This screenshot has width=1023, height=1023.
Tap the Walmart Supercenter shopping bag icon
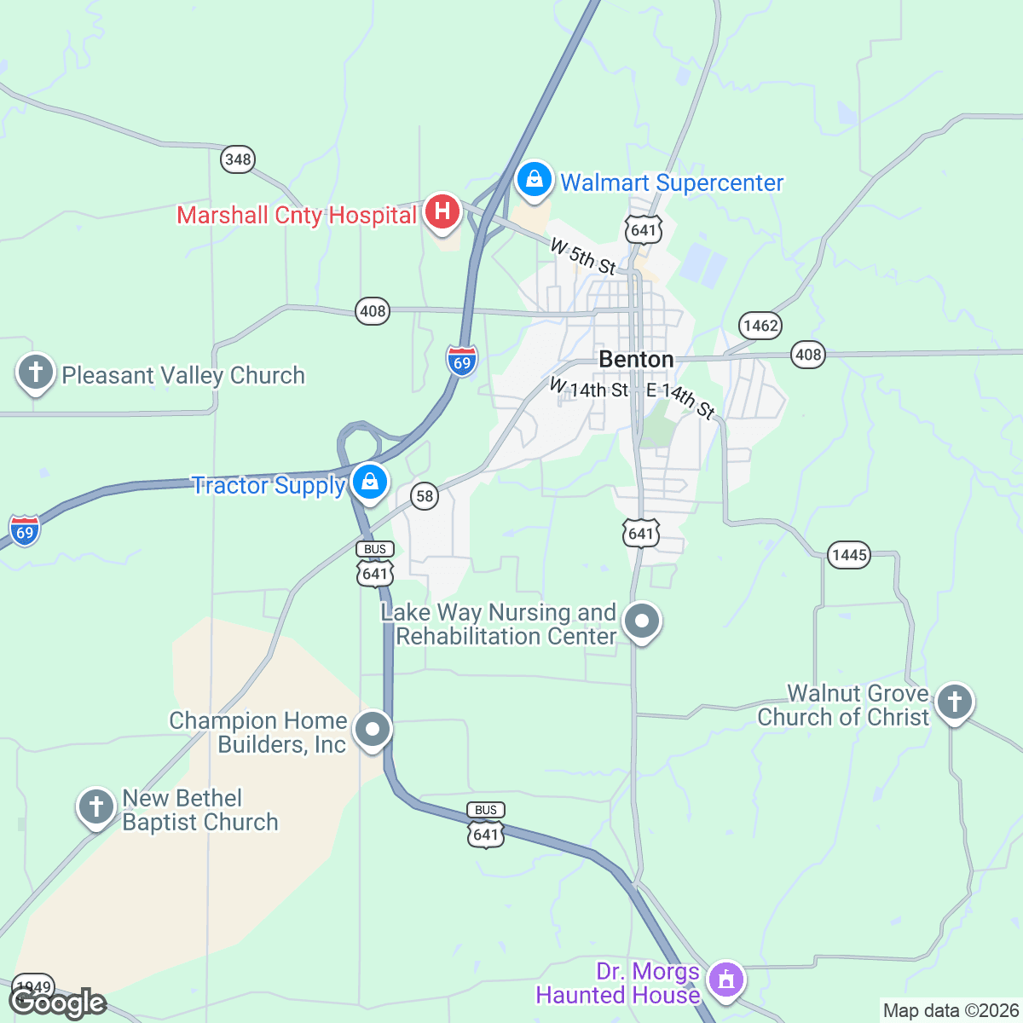pyautogui.click(x=534, y=180)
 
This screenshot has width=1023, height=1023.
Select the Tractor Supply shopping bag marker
pyautogui.click(x=370, y=483)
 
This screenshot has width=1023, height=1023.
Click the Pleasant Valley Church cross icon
pyautogui.click(x=36, y=373)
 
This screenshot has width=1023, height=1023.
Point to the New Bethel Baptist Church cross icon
pyautogui.click(x=95, y=806)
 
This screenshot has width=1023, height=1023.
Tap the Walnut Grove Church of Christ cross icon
pyautogui.click(x=954, y=702)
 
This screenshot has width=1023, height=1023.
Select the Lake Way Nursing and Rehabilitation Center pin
pyautogui.click(x=642, y=621)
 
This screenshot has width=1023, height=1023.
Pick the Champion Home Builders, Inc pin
pyautogui.click(x=373, y=730)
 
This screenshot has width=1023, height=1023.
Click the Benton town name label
pyautogui.click(x=636, y=359)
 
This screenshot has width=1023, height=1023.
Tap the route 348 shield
pyautogui.click(x=238, y=159)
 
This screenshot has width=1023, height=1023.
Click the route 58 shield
pyautogui.click(x=424, y=495)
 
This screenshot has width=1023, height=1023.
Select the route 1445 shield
pyautogui.click(x=849, y=555)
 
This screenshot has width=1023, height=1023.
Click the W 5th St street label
pyautogui.click(x=583, y=257)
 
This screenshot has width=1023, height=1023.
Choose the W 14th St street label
pyautogui.click(x=589, y=389)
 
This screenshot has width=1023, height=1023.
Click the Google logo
pyautogui.click(x=58, y=1003)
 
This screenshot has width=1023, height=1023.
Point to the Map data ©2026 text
pyautogui.click(x=950, y=1011)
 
